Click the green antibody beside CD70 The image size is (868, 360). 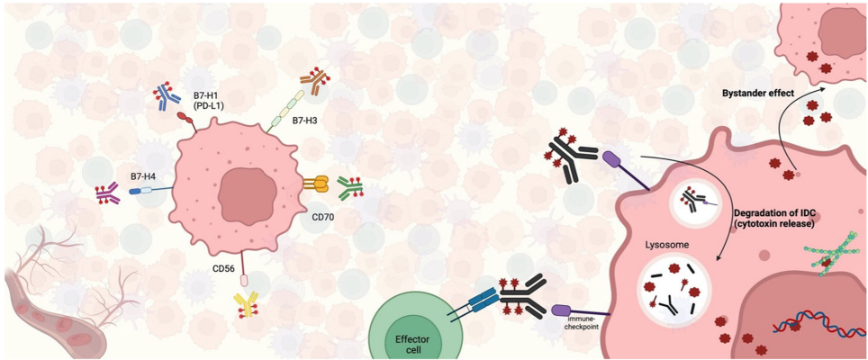(350, 187)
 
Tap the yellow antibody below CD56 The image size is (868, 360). (245, 304)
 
